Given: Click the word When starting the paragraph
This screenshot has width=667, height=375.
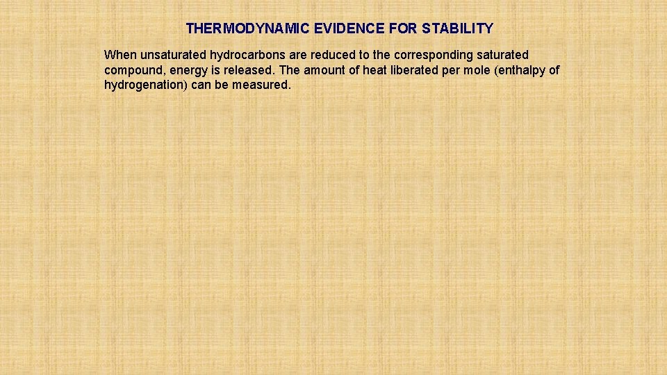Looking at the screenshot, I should point(120,55).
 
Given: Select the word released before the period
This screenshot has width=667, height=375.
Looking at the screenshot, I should point(252,70).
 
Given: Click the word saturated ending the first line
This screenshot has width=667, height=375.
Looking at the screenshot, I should point(502,55).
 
